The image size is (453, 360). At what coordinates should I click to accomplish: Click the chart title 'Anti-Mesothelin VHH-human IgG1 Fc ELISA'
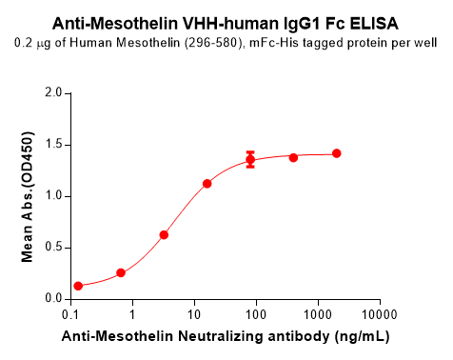(x=226, y=22)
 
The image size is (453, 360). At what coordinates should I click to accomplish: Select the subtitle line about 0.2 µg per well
(x=226, y=43)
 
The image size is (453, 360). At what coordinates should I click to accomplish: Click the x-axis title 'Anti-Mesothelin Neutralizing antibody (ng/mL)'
(x=226, y=337)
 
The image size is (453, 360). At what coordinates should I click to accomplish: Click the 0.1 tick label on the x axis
(x=70, y=313)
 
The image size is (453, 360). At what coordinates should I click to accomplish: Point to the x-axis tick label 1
(x=132, y=313)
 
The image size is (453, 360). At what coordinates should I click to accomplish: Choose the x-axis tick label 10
(x=194, y=313)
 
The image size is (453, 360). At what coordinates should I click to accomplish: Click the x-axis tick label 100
(x=256, y=313)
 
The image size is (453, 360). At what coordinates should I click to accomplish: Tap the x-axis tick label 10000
(x=379, y=313)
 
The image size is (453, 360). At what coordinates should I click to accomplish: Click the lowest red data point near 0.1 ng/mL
(x=78, y=286)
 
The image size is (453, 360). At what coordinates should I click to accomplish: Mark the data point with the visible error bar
(x=250, y=160)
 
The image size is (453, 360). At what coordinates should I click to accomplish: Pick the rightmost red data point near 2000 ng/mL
(x=336, y=153)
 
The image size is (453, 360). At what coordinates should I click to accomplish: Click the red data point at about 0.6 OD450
(x=164, y=234)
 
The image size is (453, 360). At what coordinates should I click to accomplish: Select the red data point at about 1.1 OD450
(x=207, y=183)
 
